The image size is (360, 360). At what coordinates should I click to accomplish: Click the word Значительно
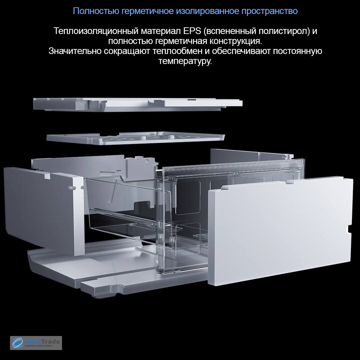tap(75, 51)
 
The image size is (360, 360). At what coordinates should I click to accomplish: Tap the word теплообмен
tap(177, 51)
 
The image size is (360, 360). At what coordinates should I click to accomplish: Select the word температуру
tap(185, 61)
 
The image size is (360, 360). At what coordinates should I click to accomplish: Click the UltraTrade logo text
tap(42, 342)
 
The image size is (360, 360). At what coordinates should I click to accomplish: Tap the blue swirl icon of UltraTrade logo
tap(17, 343)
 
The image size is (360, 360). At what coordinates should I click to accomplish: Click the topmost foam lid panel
tap(138, 104)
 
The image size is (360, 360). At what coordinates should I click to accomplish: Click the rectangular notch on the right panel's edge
tap(349, 229)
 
